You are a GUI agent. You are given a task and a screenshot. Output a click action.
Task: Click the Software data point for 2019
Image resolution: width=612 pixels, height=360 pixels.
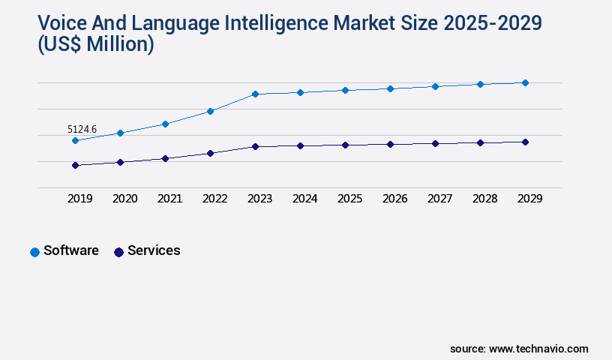75,140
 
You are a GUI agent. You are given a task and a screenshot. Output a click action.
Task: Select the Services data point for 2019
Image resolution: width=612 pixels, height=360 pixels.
75,165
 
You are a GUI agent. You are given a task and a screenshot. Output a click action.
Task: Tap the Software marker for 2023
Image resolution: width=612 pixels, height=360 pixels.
255,94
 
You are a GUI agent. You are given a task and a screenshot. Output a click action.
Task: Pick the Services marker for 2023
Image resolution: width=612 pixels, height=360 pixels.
255,146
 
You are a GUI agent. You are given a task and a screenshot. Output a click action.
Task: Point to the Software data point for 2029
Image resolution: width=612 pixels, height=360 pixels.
525,82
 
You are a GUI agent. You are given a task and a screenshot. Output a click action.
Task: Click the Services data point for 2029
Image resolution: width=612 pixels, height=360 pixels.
525,142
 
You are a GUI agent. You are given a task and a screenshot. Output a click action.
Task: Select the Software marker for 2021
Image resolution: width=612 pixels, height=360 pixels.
165,124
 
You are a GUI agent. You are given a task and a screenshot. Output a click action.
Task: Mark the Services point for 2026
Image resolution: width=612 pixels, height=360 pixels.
390,144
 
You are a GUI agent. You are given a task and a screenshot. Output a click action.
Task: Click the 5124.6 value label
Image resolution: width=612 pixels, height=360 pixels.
82,129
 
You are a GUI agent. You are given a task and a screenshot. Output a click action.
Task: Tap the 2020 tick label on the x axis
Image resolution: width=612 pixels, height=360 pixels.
124,199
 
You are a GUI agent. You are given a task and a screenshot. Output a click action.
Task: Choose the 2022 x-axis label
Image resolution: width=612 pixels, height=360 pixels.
214,199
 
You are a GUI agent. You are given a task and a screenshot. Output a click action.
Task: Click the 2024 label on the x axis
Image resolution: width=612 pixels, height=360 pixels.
304,199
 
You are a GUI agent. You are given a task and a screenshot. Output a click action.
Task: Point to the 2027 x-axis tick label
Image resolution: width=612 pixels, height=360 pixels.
439,199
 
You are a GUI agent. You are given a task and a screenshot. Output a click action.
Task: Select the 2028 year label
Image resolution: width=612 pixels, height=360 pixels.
484,199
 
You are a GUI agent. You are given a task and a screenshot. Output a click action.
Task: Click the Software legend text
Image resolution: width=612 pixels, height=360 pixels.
71,250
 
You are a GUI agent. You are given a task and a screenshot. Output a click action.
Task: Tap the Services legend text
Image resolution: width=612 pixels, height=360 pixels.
154,250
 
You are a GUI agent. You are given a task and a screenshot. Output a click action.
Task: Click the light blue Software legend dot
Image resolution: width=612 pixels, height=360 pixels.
34,252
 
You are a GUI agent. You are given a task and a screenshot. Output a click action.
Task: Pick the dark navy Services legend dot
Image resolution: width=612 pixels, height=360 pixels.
118,252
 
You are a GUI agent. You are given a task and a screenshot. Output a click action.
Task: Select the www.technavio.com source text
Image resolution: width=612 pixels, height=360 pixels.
538,349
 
